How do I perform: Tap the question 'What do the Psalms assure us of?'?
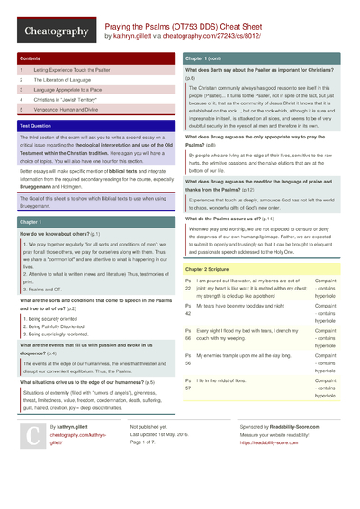(x=236, y=219)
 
